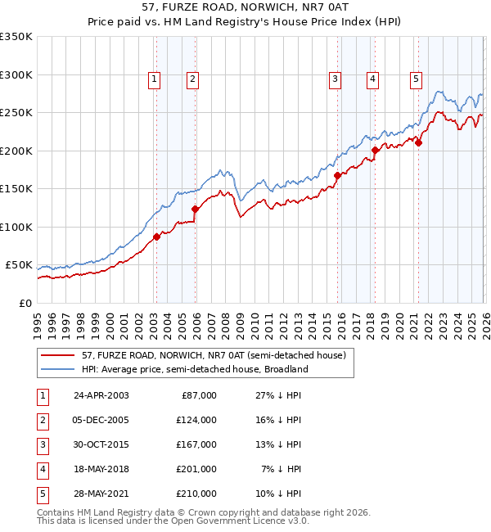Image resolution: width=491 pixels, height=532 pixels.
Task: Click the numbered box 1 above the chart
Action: click(x=155, y=79)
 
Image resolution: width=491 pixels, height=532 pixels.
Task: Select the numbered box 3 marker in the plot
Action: click(x=336, y=79)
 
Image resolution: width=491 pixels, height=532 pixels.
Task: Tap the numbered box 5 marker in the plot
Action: click(x=417, y=79)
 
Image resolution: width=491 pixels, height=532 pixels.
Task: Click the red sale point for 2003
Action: click(x=156, y=237)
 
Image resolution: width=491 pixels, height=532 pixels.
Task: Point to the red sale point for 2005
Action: click(x=196, y=209)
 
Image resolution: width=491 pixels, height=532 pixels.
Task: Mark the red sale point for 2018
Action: click(x=375, y=150)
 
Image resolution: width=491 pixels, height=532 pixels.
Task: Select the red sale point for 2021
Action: click(x=418, y=143)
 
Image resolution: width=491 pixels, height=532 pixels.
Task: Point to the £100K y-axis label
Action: click(x=16, y=227)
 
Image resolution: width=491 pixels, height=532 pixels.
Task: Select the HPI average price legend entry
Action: click(x=195, y=369)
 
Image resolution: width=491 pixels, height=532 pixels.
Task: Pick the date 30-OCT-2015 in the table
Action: click(x=100, y=444)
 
